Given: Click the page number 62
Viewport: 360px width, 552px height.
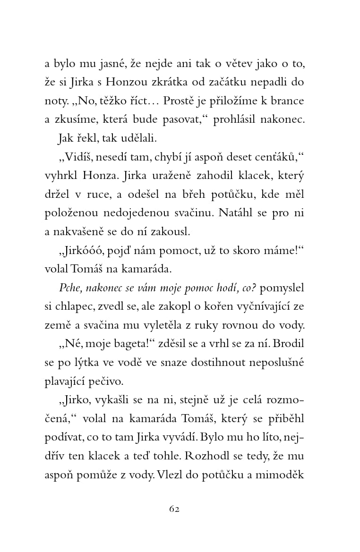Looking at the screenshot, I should [174, 509].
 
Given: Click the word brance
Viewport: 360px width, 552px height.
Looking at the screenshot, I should [288, 101].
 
